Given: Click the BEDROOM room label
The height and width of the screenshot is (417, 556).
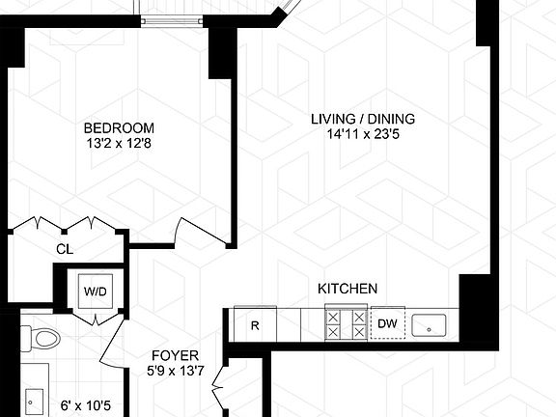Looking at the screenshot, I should [119, 127].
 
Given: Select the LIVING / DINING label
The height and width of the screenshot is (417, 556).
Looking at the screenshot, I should [362, 119].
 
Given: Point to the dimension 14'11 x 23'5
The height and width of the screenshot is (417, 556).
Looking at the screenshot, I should [362, 134].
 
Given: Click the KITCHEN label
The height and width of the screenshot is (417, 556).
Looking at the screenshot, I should [347, 289].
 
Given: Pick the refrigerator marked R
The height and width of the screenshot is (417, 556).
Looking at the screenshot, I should [255, 324].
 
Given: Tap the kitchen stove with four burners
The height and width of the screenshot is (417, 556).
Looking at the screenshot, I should [346, 323].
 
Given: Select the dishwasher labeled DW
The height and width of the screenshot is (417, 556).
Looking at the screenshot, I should [387, 324].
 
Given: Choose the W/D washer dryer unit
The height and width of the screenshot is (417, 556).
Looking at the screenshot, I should [95, 291].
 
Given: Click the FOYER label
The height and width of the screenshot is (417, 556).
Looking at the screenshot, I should [170, 354].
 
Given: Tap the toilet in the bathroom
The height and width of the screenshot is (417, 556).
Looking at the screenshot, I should [42, 339].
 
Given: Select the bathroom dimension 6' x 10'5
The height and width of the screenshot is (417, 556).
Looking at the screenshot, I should [87, 405].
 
